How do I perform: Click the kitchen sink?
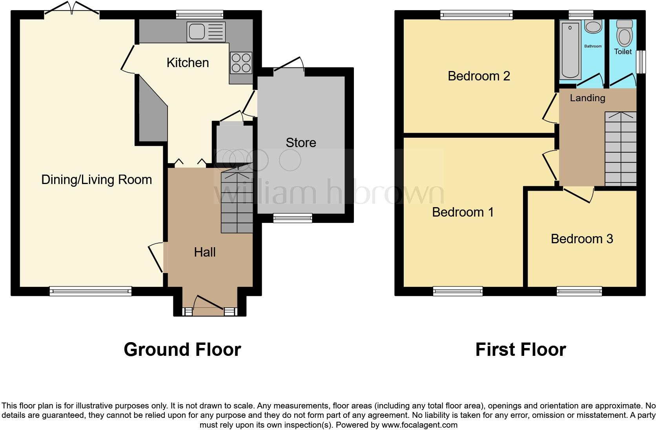click(206, 32)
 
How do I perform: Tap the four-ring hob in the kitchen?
click(241, 63)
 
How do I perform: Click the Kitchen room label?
click(188, 63)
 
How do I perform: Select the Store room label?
click(301, 143)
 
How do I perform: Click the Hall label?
click(205, 252)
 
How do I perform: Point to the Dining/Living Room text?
click(97, 180)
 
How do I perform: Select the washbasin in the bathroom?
click(593, 27)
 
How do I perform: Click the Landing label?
click(587, 98)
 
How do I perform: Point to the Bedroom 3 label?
click(582, 239)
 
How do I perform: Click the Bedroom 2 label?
click(479, 76)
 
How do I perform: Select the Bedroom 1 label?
click(463, 212)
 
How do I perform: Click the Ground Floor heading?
click(182, 350)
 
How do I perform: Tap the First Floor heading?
click(520, 350)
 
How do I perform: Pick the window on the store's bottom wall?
click(293, 218)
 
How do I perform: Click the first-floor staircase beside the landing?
click(620, 149)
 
